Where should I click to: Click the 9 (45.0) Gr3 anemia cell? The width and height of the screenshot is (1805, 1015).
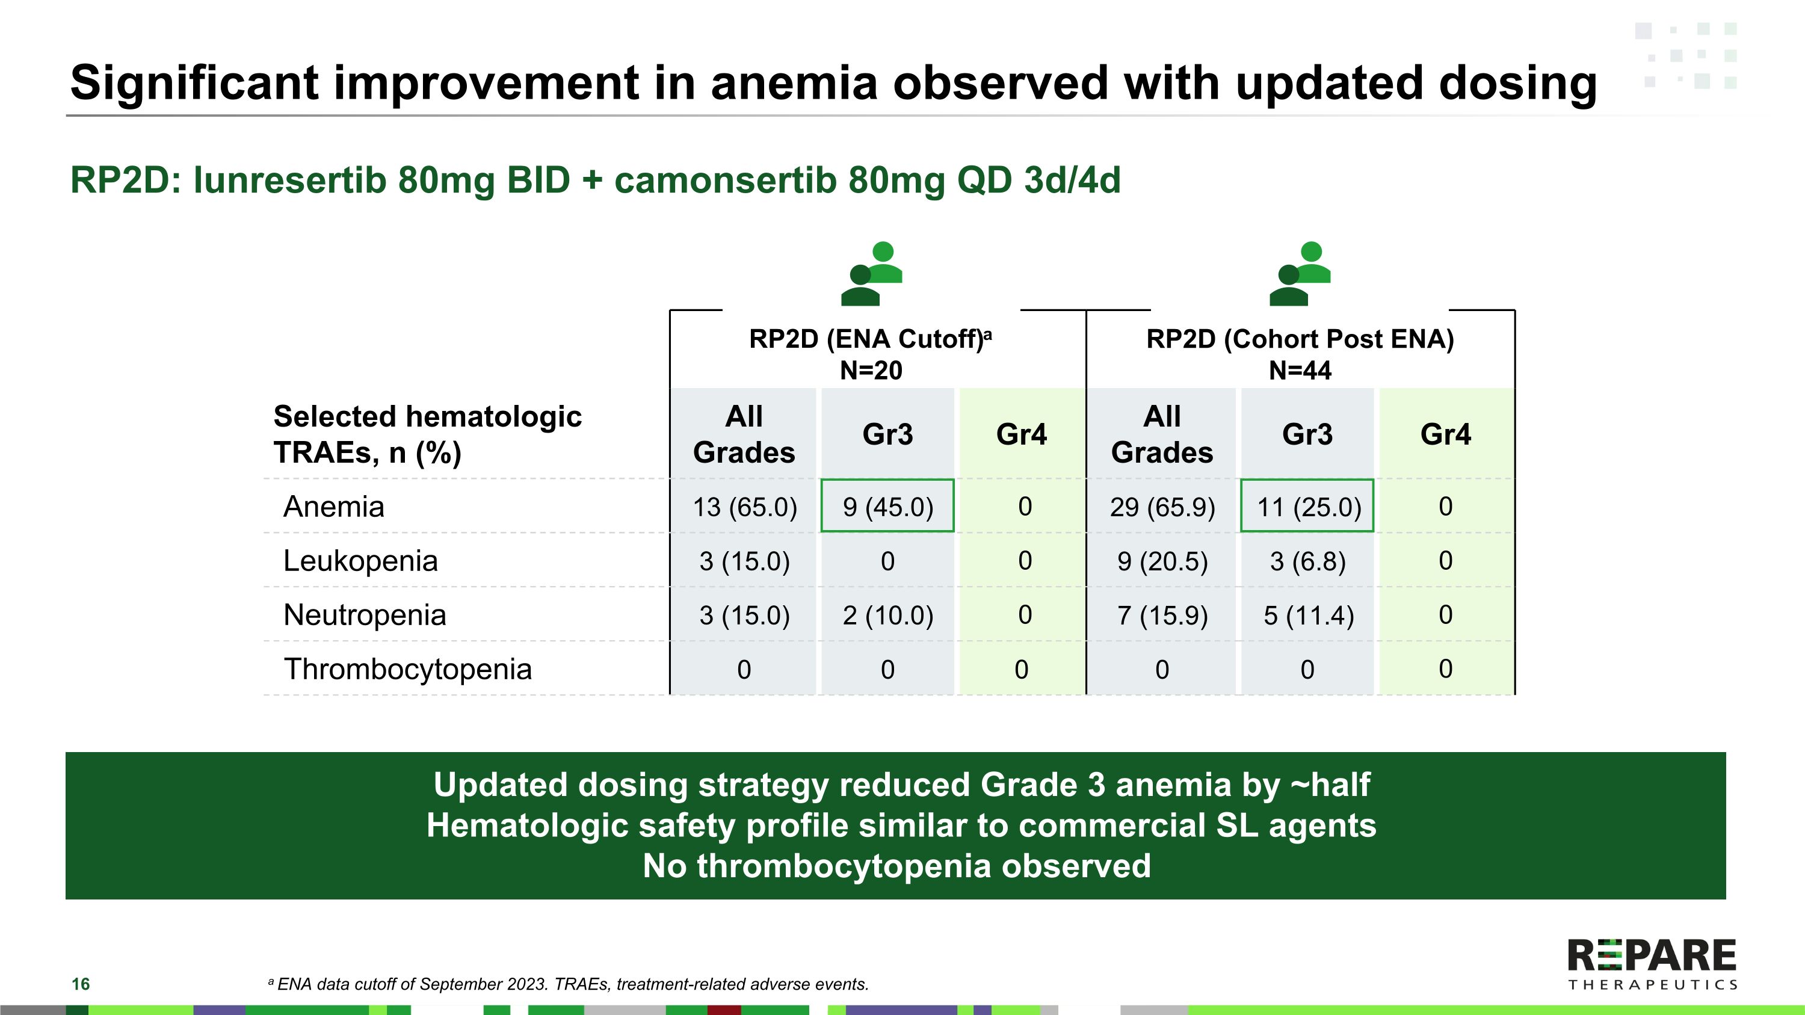[x=887, y=507]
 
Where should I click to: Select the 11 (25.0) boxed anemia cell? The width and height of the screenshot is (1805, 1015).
[x=1307, y=507]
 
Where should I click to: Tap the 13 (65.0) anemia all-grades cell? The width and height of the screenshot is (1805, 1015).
[x=744, y=507]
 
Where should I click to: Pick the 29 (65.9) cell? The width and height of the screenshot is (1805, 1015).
[x=1162, y=507]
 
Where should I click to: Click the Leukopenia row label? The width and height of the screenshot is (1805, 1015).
[x=360, y=560]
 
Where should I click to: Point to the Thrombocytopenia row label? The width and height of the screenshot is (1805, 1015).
[x=407, y=669]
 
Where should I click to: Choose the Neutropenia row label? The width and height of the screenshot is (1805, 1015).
[x=365, y=615]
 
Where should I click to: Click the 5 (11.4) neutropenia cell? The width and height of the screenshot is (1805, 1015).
[x=1307, y=615]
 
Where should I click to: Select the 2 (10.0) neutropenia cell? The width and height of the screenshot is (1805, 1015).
[x=887, y=615]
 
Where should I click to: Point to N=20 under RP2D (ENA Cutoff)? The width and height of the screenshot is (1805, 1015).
[x=871, y=370]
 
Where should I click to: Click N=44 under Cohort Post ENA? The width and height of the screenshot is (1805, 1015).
[x=1300, y=370]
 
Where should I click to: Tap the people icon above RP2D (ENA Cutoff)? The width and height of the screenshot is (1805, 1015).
[x=872, y=274]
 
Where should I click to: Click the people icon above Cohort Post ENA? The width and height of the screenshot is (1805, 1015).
[x=1300, y=274]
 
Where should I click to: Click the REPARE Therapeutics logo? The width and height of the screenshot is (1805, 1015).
[x=1652, y=964]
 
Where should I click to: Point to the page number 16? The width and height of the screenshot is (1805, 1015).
[x=81, y=984]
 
